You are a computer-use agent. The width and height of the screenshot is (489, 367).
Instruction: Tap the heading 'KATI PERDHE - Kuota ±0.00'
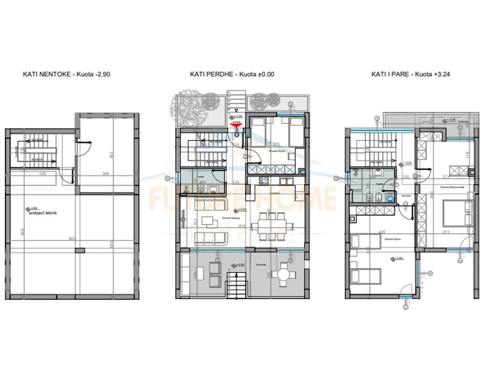(x=232, y=74)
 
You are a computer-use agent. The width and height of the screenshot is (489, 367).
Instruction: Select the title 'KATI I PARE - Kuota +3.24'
(x=411, y=74)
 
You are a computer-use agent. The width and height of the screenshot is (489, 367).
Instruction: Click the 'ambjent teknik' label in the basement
(x=43, y=213)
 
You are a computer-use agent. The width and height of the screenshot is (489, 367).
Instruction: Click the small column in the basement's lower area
(x=82, y=250)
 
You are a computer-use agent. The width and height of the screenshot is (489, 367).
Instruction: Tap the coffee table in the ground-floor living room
(x=208, y=221)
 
